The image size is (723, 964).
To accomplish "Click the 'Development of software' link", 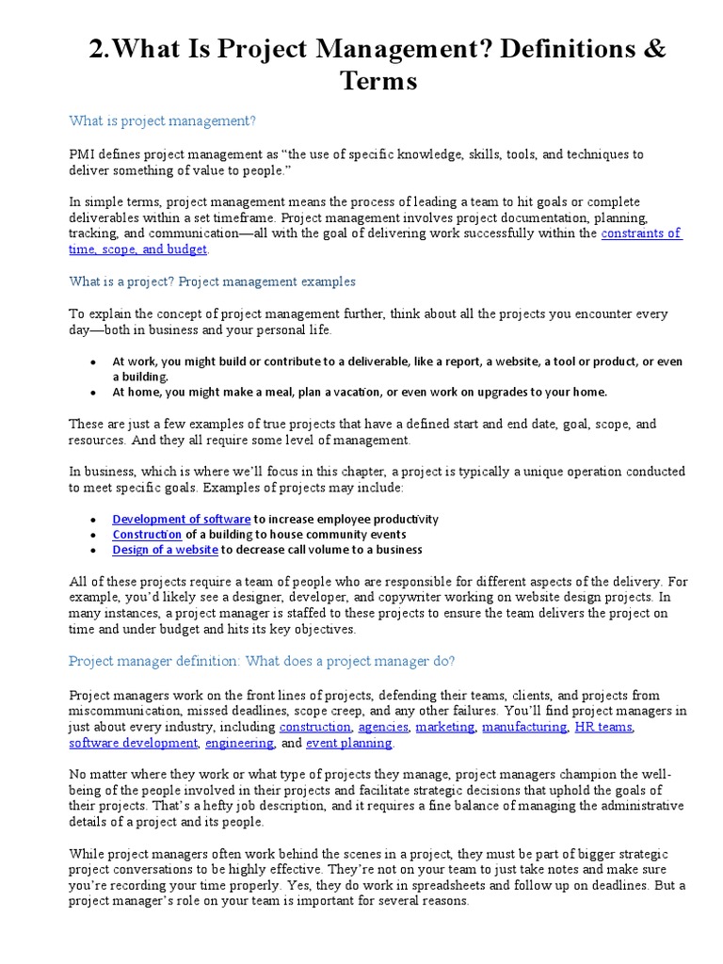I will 181,519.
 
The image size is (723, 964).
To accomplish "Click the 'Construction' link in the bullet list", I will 147,534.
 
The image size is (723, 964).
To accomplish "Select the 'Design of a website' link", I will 165,549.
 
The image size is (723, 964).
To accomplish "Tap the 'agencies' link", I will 383,728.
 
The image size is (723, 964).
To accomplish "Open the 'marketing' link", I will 446,728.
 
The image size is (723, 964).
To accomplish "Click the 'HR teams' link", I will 603,728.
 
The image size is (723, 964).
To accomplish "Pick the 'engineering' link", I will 239,743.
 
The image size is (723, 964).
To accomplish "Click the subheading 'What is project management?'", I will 163,120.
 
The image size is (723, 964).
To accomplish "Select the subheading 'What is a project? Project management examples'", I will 213,281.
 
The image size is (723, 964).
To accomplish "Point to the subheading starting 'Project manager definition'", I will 262,661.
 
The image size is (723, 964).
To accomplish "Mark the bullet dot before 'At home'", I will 93,393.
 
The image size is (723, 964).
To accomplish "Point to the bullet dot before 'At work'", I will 93,361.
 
